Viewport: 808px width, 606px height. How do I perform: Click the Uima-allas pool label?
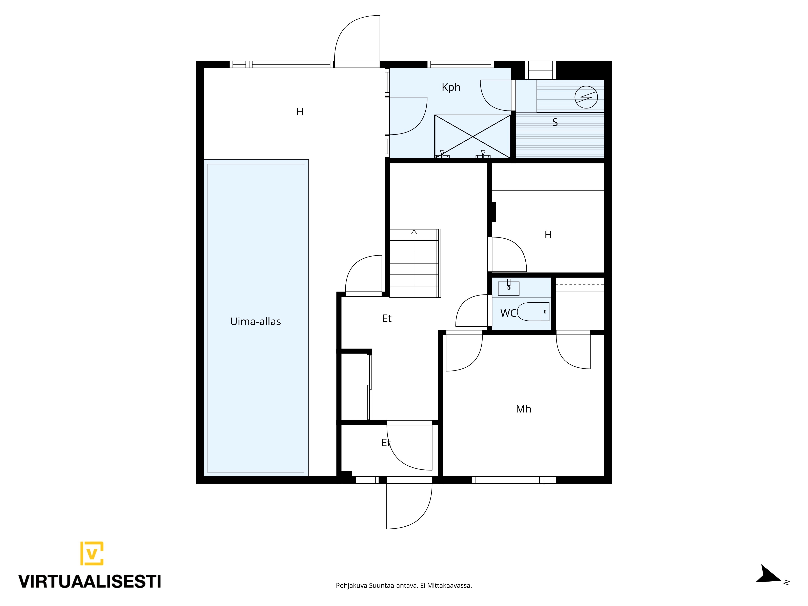click(x=255, y=321)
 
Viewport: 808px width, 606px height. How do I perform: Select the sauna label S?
click(x=555, y=122)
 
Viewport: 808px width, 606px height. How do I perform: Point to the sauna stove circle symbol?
click(x=586, y=97)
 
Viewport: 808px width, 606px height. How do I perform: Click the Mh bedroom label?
click(x=523, y=409)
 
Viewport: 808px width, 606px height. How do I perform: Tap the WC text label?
click(x=508, y=313)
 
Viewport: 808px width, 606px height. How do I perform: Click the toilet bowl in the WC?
click(x=533, y=311)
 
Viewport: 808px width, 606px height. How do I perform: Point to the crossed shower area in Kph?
click(x=472, y=137)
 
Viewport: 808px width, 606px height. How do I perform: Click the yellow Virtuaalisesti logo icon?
click(x=92, y=553)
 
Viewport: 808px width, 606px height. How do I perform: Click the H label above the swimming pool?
click(x=300, y=112)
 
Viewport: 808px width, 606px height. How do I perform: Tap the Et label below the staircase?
click(x=387, y=319)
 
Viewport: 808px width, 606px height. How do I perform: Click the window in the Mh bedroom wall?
click(x=514, y=480)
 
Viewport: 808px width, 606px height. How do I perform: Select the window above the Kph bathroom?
click(x=461, y=64)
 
